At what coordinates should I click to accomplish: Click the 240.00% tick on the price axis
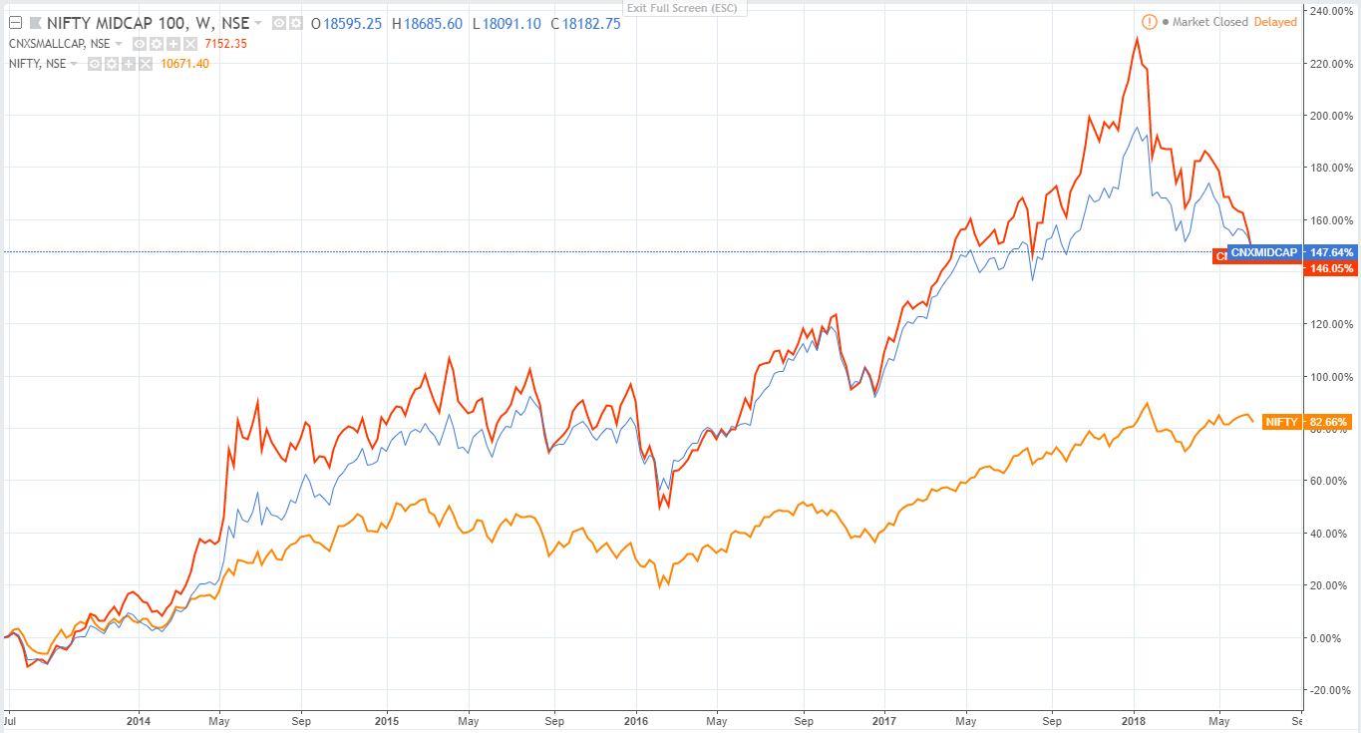[1332, 11]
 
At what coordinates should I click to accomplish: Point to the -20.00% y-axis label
[1332, 690]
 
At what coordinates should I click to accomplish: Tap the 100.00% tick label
[1332, 377]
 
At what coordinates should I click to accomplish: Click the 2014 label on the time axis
[139, 720]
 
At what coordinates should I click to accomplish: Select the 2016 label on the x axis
[635, 720]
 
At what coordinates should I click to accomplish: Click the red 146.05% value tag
[1326, 268]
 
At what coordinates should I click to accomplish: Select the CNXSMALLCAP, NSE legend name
[60, 44]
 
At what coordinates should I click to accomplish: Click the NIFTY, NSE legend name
[37, 64]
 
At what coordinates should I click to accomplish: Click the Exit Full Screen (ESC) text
[680, 9]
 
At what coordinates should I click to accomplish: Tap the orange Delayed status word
[1275, 22]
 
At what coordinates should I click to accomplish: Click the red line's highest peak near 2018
[1137, 39]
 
